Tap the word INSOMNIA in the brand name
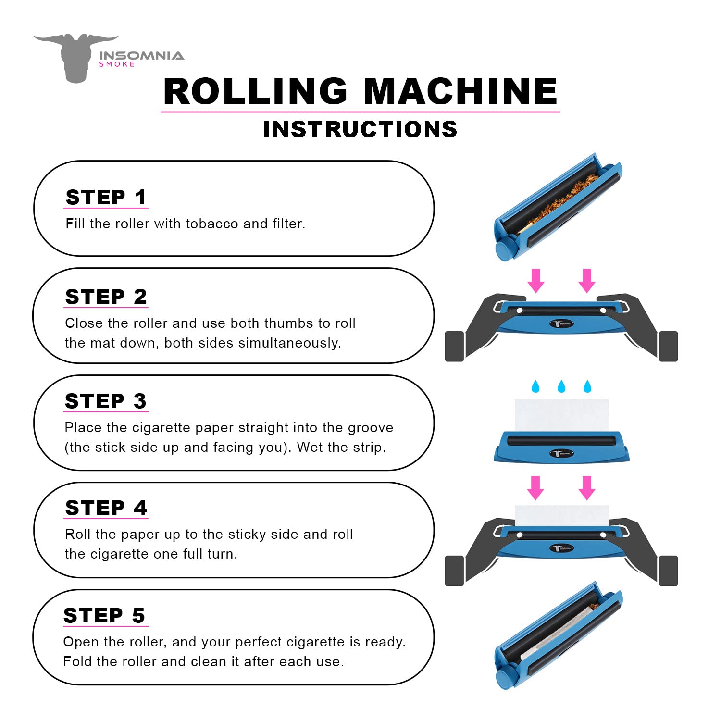141,56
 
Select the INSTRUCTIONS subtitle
360,129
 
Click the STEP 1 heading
106,198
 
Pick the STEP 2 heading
106,297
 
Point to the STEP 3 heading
106,401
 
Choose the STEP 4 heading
106,508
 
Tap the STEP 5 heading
104,615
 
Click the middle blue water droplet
561,386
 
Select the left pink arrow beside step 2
536,281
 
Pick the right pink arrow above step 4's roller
586,488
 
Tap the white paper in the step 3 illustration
561,414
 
